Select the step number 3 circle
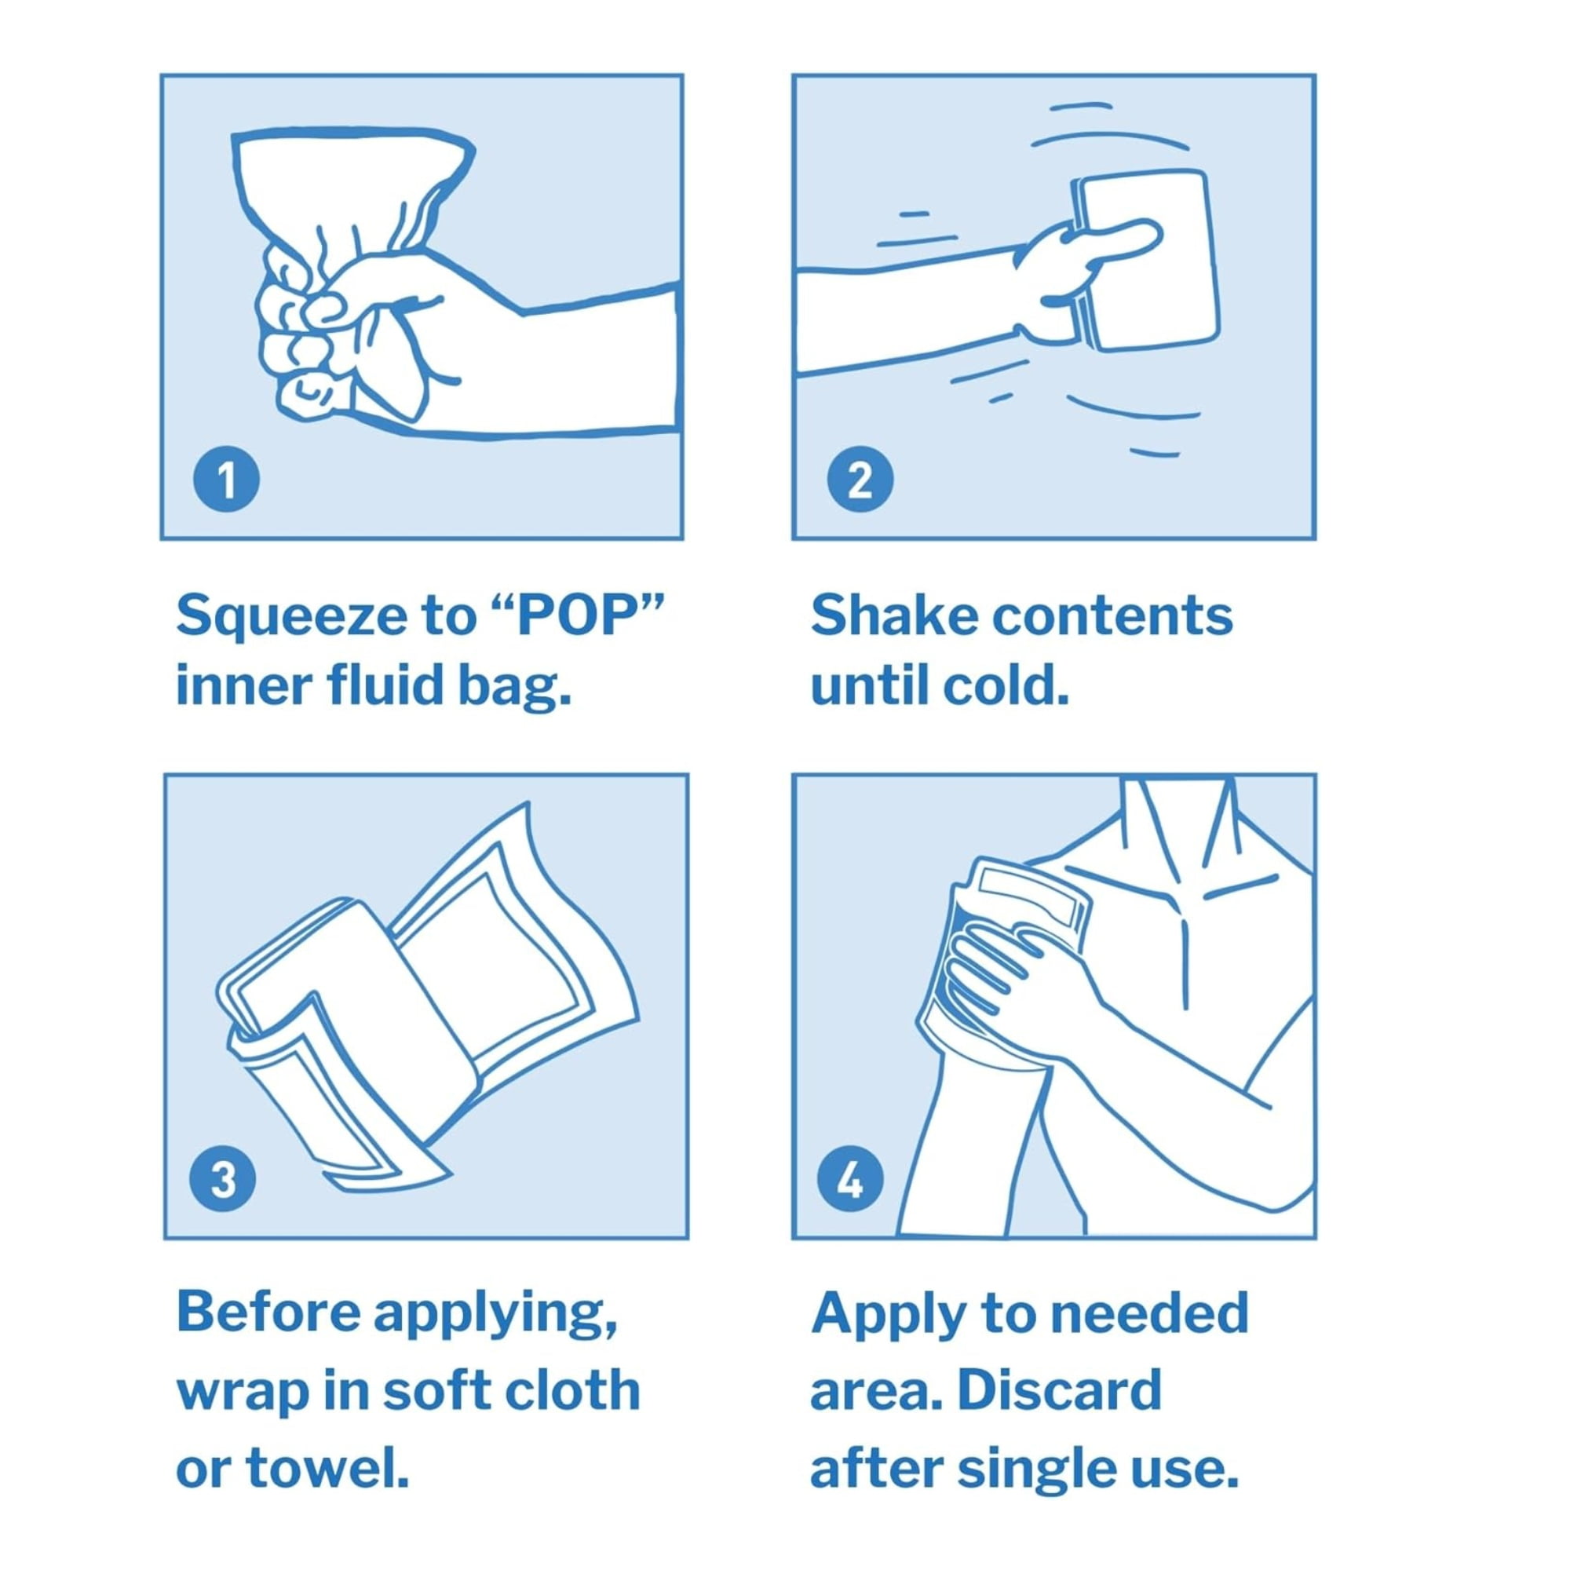[x=223, y=1179]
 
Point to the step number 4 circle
[x=850, y=1179]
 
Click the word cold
[x=1006, y=686]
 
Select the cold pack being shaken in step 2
[x=1146, y=260]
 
